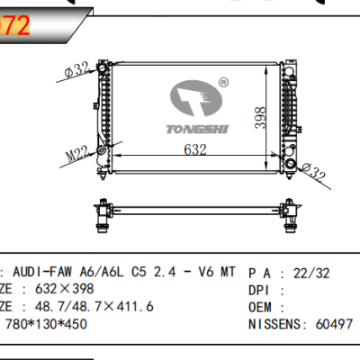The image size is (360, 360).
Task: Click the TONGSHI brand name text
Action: click(x=195, y=128)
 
